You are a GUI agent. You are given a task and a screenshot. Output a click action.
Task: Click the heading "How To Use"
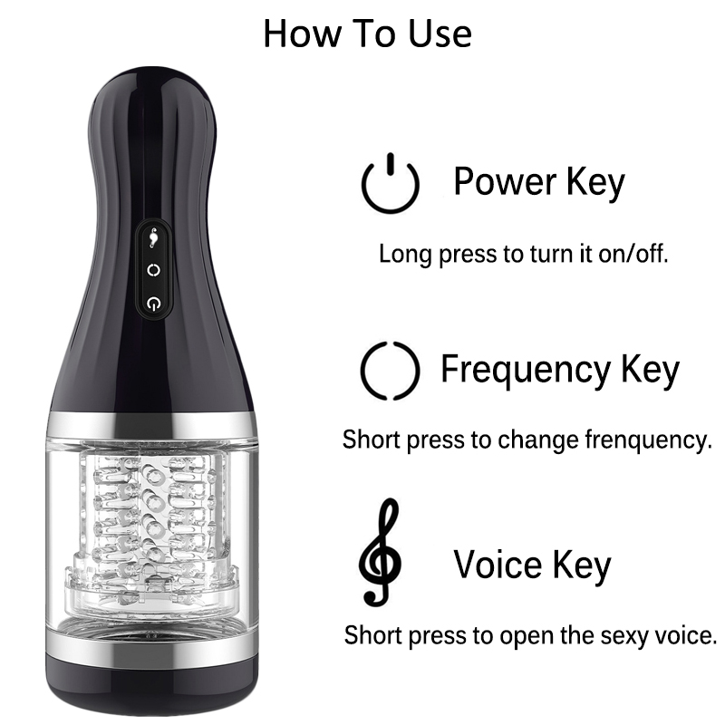[x=368, y=34]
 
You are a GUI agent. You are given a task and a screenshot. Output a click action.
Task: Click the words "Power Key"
[x=538, y=182]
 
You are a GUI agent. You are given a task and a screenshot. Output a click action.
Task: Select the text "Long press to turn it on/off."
[x=524, y=254]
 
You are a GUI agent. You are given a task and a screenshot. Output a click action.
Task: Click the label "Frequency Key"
[x=560, y=370]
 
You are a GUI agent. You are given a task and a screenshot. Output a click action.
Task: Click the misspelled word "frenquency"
[x=648, y=440]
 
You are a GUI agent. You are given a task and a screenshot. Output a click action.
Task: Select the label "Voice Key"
[x=532, y=565]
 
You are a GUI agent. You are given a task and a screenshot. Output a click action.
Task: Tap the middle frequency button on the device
[x=154, y=269]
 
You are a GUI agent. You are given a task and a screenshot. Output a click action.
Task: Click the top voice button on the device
[x=153, y=237]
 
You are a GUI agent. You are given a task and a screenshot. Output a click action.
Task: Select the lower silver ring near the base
[x=151, y=643]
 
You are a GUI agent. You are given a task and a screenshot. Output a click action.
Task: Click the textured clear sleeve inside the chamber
[x=151, y=527]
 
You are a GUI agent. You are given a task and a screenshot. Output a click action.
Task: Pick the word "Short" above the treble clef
[x=371, y=440]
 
